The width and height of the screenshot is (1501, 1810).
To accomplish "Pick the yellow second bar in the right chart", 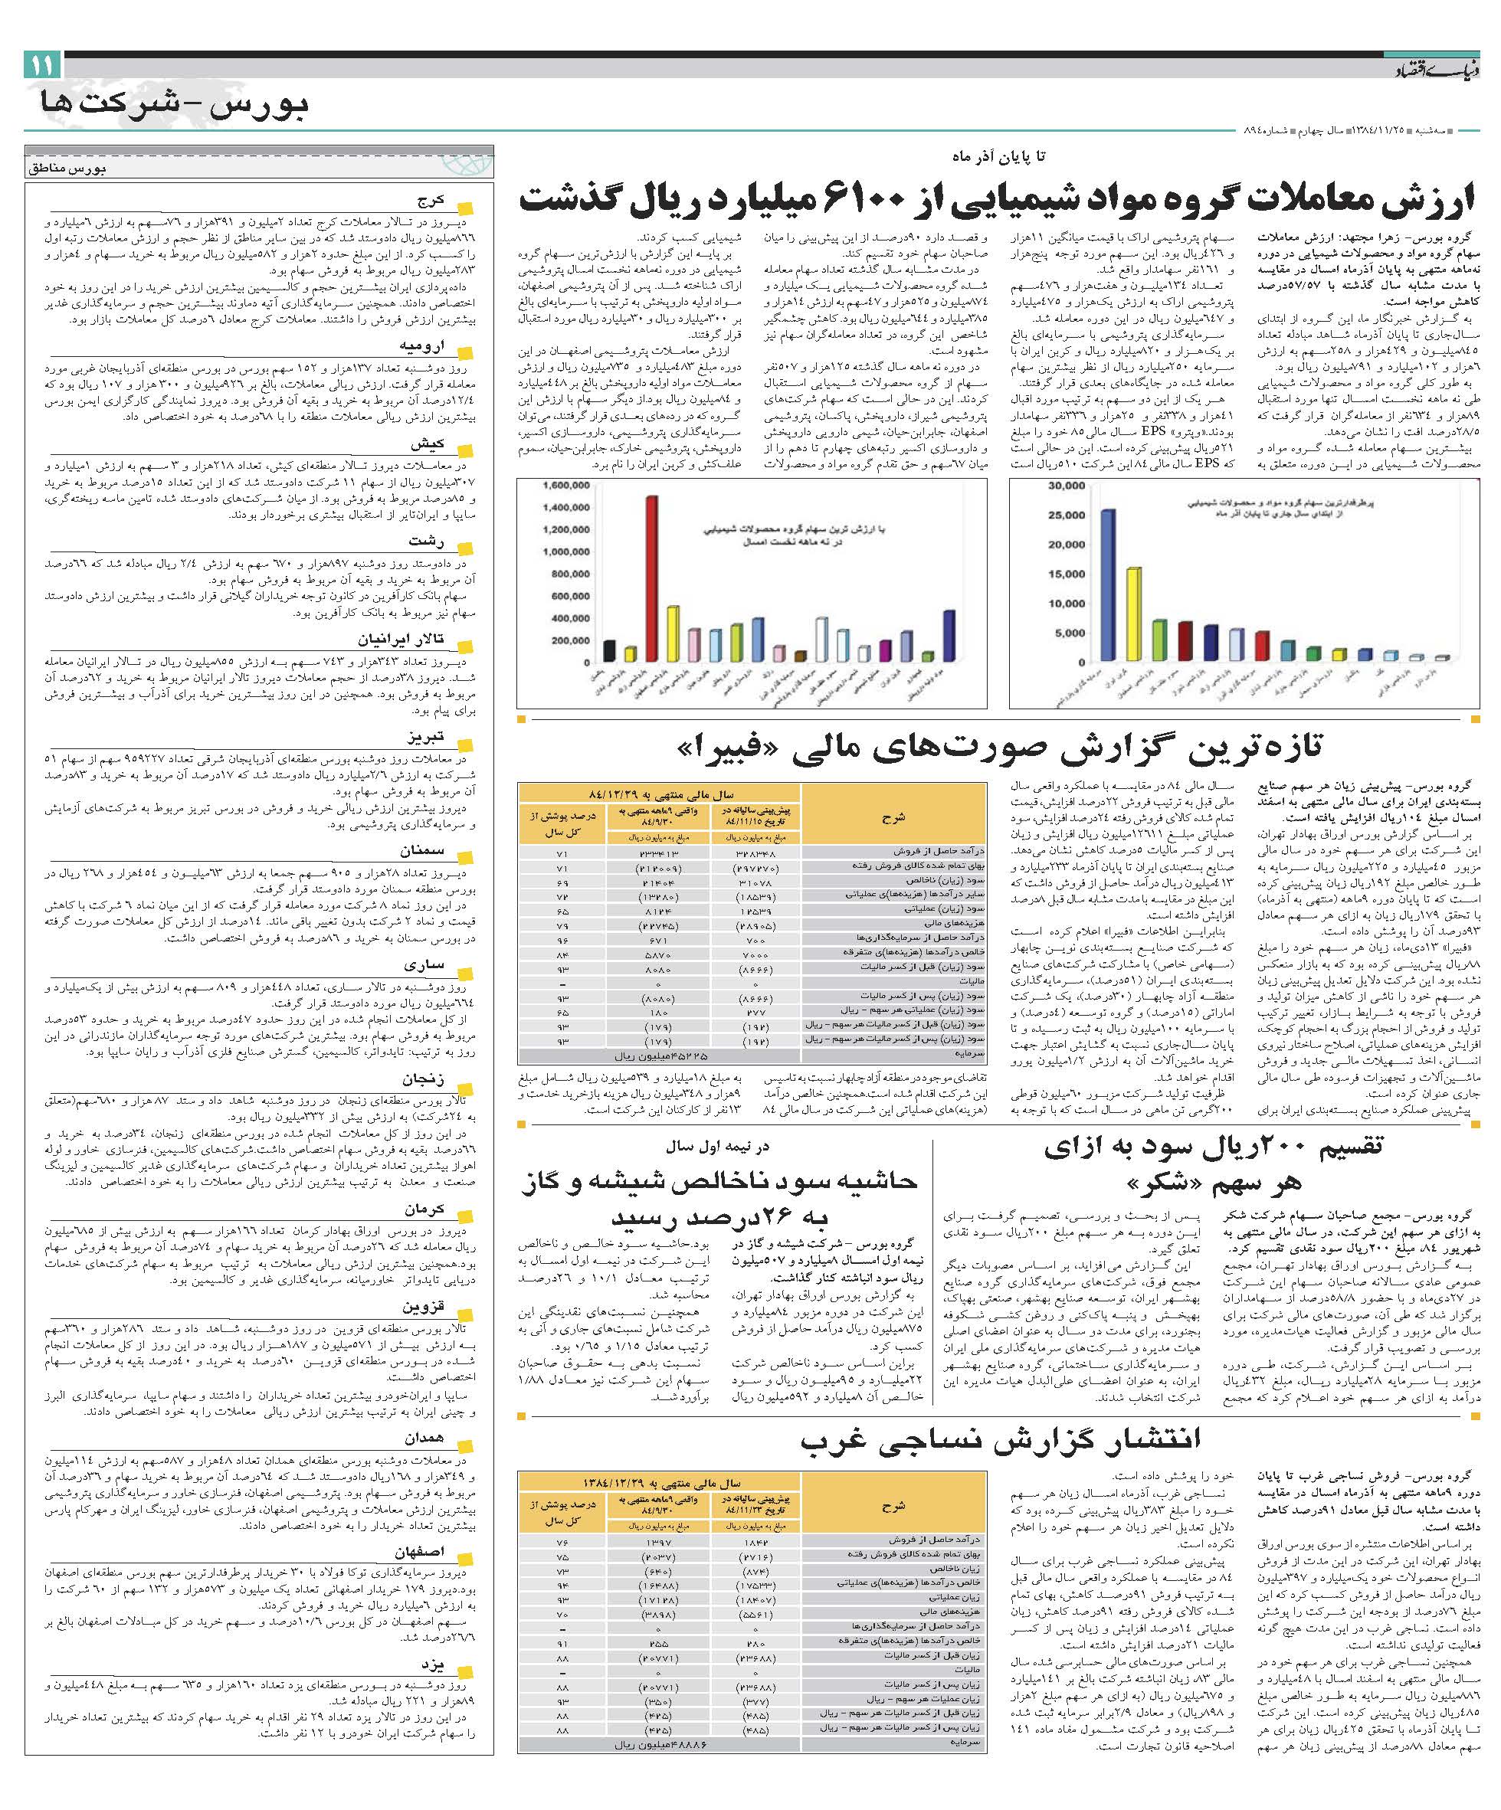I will click(1134, 614).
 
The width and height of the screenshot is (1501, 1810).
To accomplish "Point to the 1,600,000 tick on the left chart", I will click(566, 486).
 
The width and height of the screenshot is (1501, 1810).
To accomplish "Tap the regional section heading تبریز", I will click(426, 738).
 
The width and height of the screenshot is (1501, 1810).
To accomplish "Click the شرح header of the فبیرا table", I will click(893, 817).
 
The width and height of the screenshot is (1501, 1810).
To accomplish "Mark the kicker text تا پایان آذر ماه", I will click(998, 156).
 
